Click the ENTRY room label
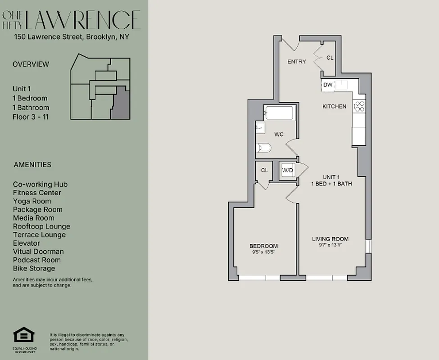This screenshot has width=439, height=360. [296, 62]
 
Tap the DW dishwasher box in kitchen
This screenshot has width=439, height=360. [327, 85]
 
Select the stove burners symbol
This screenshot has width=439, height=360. [359, 106]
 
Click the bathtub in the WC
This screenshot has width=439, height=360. [279, 113]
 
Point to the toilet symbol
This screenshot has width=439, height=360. [263, 148]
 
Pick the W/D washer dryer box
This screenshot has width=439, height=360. [287, 171]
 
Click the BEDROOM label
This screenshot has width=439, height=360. [263, 246]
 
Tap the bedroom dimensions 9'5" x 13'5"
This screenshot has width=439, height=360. [263, 252]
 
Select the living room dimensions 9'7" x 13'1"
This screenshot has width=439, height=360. [330, 245]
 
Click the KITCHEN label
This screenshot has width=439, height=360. [334, 107]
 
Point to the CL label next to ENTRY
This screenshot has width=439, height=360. [330, 58]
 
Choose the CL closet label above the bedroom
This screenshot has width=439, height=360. [264, 171]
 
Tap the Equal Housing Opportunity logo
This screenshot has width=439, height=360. [24, 336]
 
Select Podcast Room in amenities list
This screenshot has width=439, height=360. [37, 260]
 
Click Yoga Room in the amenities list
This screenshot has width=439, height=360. [32, 201]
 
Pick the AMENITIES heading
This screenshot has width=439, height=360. [32, 165]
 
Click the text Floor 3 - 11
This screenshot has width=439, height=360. [31, 117]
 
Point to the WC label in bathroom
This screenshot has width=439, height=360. [279, 135]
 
